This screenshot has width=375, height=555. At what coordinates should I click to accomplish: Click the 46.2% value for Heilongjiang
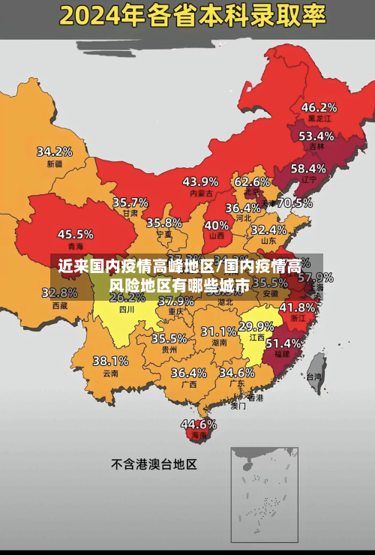(x=319, y=107)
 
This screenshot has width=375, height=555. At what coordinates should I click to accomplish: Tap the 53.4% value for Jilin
(x=316, y=136)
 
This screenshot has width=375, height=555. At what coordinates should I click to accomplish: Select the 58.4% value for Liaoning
(x=308, y=169)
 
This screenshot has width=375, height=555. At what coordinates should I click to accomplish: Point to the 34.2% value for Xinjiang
(x=55, y=151)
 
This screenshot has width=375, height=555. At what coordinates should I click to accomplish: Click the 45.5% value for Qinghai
(x=76, y=234)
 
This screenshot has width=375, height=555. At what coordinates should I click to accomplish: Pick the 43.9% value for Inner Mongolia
(x=200, y=181)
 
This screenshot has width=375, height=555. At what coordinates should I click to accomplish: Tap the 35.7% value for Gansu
(x=130, y=202)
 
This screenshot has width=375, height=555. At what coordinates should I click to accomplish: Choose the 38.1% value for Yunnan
(x=110, y=361)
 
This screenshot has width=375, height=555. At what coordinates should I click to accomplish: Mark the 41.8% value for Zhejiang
(x=297, y=307)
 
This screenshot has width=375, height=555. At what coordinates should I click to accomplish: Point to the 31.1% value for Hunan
(x=219, y=331)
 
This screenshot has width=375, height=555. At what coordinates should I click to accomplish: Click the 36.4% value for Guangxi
(x=188, y=373)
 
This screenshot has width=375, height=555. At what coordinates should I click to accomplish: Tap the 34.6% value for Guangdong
(x=236, y=372)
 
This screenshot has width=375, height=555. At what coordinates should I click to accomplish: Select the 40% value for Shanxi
(x=217, y=225)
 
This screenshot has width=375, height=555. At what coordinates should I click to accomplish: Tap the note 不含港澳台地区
(x=154, y=464)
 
